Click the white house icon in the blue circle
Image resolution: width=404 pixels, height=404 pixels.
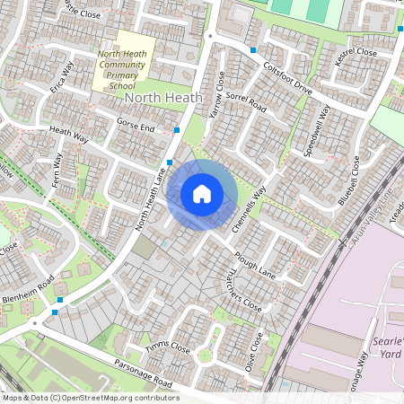[x=202, y=193]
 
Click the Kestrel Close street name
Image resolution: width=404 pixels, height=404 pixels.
[x=355, y=52]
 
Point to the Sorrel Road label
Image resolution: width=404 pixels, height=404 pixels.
[x=247, y=100]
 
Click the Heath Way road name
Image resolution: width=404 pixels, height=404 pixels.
[x=68, y=136]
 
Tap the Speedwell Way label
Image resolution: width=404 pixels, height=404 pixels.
[x=317, y=132]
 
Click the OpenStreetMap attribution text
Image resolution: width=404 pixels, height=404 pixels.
[x=90, y=398]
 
